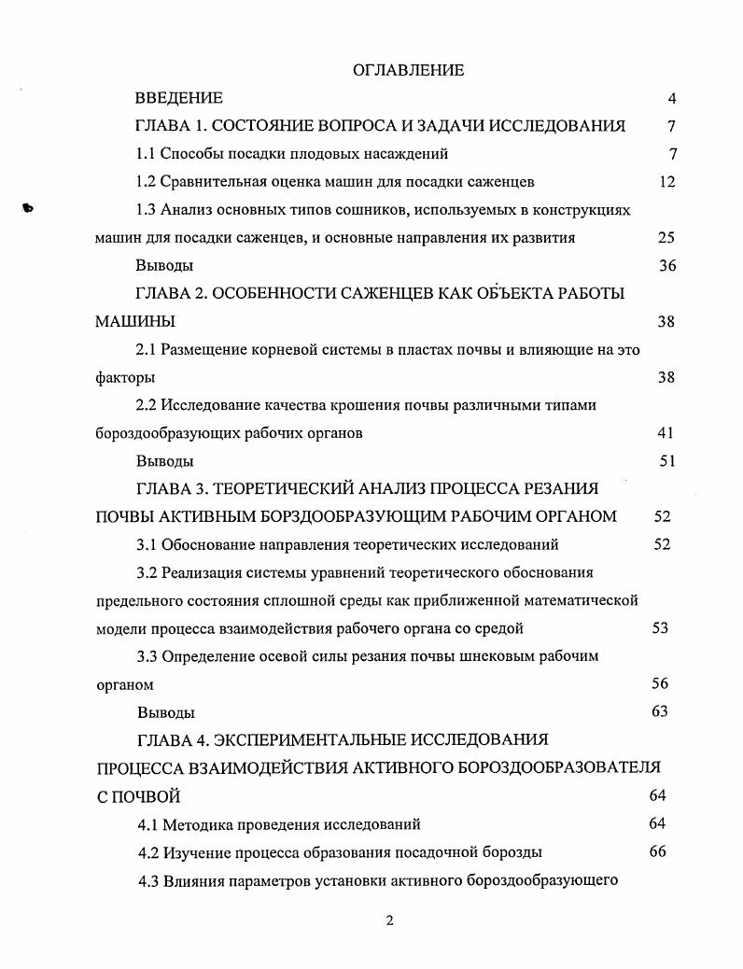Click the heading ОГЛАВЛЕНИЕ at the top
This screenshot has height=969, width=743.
click(x=409, y=70)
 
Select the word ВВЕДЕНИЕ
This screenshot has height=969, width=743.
click(x=179, y=98)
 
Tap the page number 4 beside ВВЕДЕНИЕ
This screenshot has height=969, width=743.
click(x=671, y=99)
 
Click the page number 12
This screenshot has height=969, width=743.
click(x=666, y=182)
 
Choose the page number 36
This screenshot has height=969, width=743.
click(x=666, y=266)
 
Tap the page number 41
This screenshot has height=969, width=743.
click(x=666, y=433)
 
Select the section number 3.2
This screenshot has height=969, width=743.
click(x=147, y=572)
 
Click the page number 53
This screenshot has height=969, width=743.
click(x=660, y=628)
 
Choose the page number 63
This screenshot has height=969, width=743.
click(x=660, y=712)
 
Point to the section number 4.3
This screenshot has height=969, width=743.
click(x=148, y=880)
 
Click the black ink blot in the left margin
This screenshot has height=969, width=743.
click(x=27, y=209)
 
